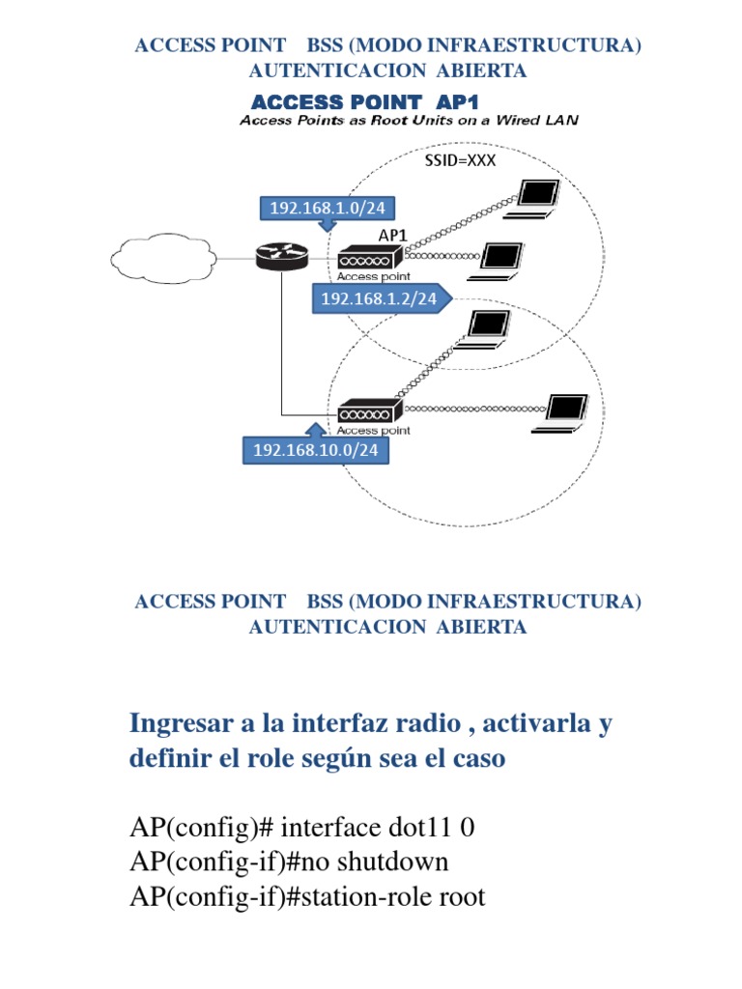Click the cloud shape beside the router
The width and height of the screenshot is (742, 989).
point(163,258)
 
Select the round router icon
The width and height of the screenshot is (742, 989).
point(281,257)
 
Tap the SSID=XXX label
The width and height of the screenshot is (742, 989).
point(460,160)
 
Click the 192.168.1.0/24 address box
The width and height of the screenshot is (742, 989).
point(327,209)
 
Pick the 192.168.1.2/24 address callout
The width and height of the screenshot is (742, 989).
point(379,298)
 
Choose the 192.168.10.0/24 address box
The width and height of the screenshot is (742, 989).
point(316,450)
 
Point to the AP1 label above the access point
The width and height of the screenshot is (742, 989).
point(392,236)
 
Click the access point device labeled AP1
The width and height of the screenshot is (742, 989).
point(370,258)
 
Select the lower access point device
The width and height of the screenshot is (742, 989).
point(370,411)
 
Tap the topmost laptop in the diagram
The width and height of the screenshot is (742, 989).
point(533,199)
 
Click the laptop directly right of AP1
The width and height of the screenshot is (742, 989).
point(497,262)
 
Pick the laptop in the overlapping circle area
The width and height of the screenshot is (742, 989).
point(483,329)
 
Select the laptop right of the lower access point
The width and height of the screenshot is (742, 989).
point(560,413)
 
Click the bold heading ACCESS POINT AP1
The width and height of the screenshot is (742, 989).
point(364,102)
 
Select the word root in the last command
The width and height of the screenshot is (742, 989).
point(463,896)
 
